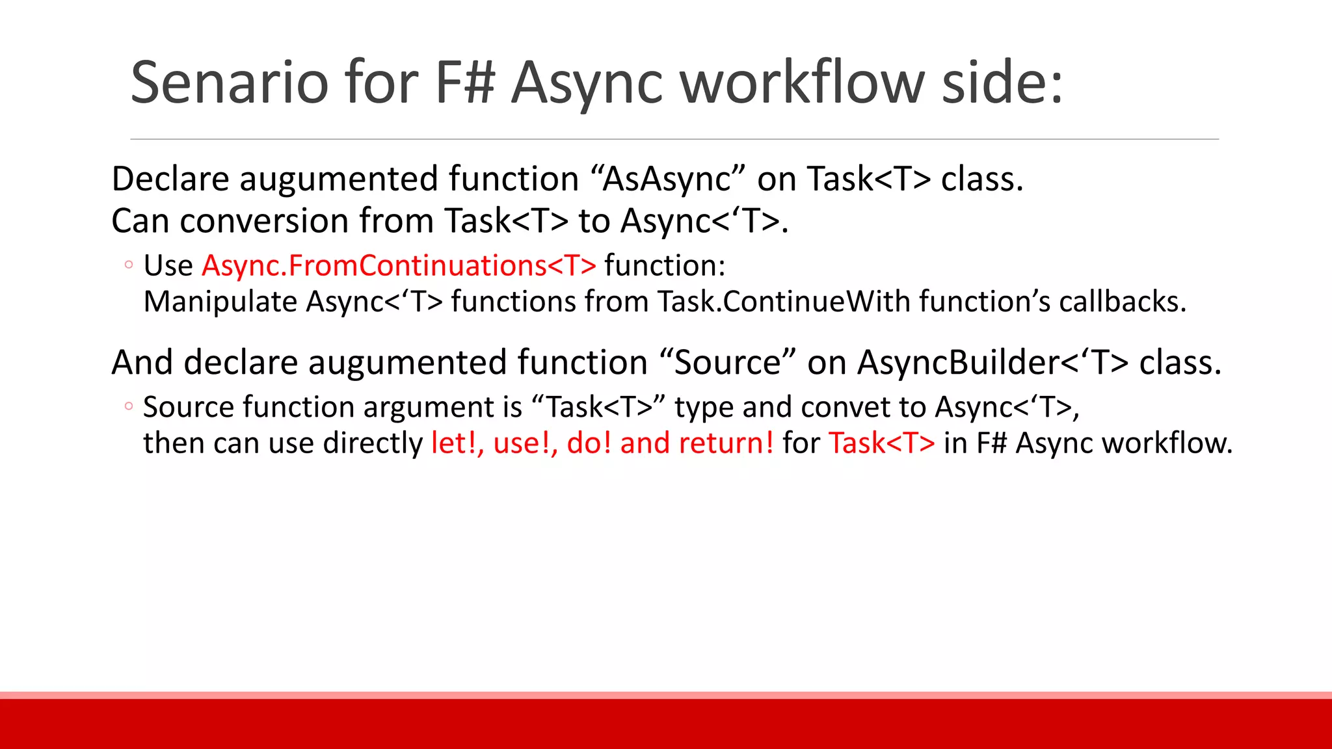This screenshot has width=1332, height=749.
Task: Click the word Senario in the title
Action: coord(229,83)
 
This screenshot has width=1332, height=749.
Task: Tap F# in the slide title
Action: coord(465,83)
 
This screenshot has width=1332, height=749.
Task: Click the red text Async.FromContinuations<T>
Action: coord(399,265)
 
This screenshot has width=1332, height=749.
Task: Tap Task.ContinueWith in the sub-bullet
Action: coord(784,302)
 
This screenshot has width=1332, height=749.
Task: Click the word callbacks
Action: coord(1122,302)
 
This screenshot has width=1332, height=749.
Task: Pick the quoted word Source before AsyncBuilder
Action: coord(727,362)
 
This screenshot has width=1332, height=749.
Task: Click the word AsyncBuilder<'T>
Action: coord(992,362)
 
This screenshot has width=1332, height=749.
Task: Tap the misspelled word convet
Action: coord(846,408)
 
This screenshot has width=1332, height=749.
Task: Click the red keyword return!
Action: coord(726,443)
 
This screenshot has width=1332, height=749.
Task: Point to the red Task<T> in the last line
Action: coord(881,443)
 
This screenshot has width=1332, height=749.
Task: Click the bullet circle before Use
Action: coord(129,265)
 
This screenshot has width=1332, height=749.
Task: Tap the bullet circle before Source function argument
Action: coord(129,406)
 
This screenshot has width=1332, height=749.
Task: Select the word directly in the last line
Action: coord(373,443)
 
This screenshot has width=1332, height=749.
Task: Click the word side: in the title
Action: coord(1002,83)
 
